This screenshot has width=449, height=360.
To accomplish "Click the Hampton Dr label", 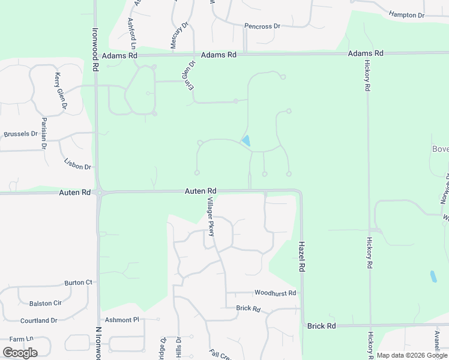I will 406,14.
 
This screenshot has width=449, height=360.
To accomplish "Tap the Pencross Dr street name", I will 262,26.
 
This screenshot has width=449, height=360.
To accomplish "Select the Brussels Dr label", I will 20,134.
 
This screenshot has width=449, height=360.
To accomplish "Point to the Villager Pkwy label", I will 211,216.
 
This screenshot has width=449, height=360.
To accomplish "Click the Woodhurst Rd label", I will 275,293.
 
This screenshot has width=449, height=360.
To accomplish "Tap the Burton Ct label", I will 79,282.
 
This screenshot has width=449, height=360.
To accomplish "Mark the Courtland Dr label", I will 38,320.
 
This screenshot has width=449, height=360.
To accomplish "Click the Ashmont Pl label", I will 122,320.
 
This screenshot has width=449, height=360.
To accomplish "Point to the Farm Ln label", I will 21,339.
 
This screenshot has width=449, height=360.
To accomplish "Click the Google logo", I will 20,352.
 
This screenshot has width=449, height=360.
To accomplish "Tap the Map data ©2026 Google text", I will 412,356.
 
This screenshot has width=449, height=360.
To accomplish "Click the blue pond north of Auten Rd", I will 246,142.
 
